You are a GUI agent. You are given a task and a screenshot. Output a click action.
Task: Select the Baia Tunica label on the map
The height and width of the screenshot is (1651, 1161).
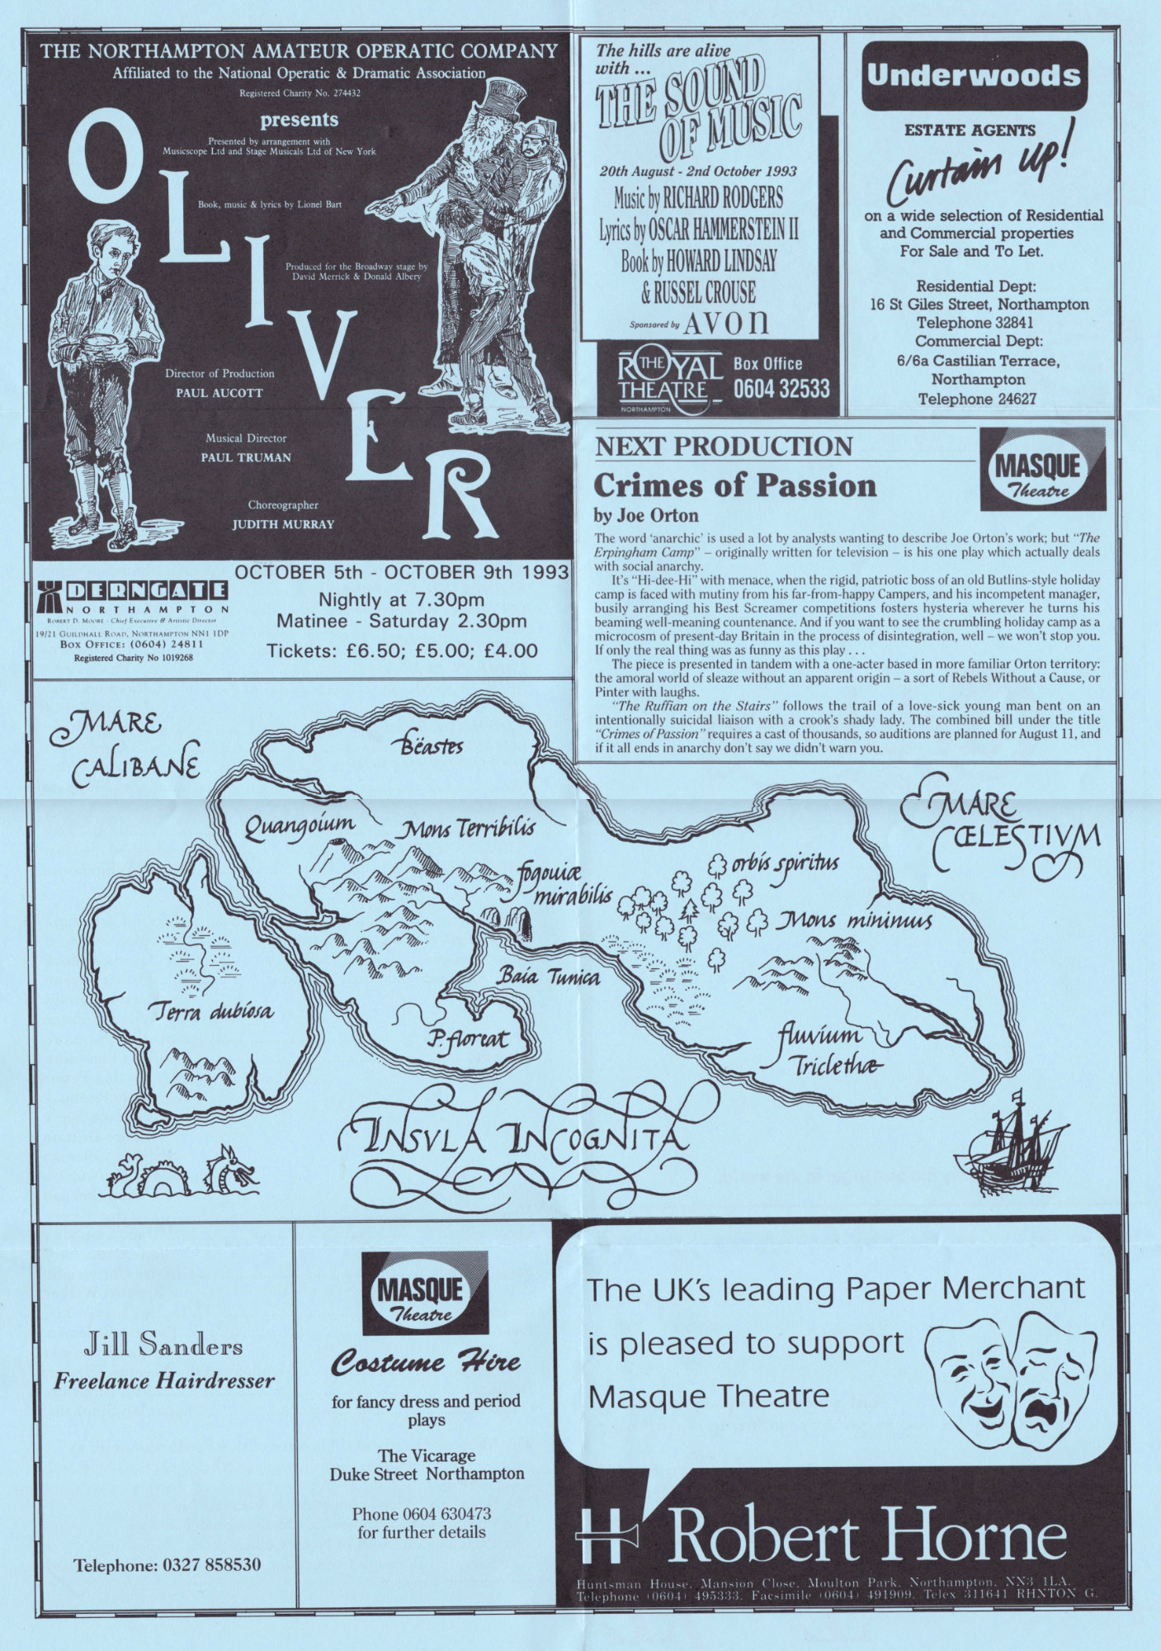(x=548, y=977)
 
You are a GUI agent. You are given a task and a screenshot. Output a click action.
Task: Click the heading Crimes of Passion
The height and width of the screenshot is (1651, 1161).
(x=734, y=485)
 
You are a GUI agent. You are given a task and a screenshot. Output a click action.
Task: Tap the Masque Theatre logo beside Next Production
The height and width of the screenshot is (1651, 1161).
(x=1043, y=469)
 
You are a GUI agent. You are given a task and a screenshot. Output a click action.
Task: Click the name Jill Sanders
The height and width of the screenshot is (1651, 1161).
(x=164, y=1346)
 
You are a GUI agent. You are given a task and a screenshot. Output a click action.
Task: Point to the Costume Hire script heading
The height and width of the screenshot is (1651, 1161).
(x=426, y=1361)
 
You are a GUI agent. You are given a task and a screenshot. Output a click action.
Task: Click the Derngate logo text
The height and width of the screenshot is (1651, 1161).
(x=145, y=591)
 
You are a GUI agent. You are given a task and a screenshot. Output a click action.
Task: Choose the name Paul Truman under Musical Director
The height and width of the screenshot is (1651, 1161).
(x=246, y=457)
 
